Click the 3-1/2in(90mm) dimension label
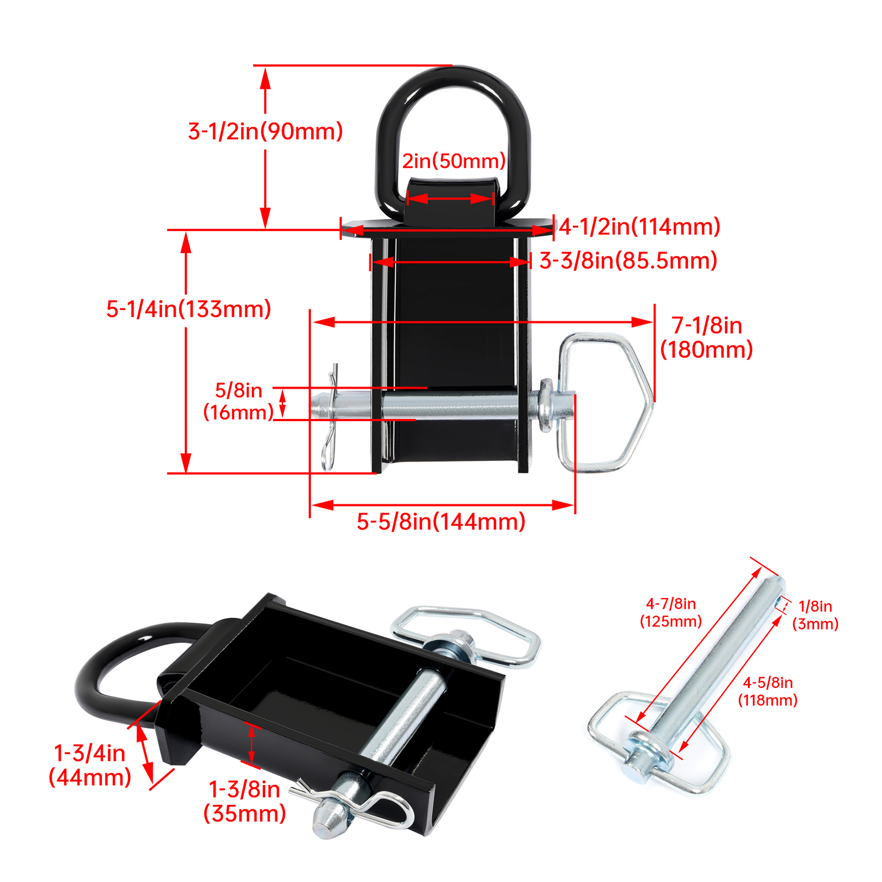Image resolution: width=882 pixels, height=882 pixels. (265, 131)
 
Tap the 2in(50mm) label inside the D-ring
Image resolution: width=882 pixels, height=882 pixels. (454, 161)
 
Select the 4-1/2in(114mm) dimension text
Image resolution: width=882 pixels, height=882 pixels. (640, 227)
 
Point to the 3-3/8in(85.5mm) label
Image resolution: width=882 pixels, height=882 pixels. (628, 261)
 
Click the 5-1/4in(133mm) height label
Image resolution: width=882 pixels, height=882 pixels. (189, 309)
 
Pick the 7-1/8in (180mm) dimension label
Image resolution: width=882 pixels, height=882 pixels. (707, 337)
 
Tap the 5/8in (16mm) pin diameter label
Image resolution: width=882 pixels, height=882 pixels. (239, 401)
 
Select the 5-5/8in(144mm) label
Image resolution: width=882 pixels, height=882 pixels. (441, 521)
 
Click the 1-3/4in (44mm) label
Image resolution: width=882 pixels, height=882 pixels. (90, 765)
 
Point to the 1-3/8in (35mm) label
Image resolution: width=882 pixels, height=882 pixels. (245, 802)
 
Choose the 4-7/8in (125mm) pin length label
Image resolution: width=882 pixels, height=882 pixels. (671, 612)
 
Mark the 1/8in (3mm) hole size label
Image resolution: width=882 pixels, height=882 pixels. (815, 615)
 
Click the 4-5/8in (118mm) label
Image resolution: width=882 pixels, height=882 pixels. (768, 691)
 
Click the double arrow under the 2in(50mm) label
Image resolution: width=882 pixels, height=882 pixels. (449, 198)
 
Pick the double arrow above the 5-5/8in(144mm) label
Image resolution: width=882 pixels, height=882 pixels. (443, 504)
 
